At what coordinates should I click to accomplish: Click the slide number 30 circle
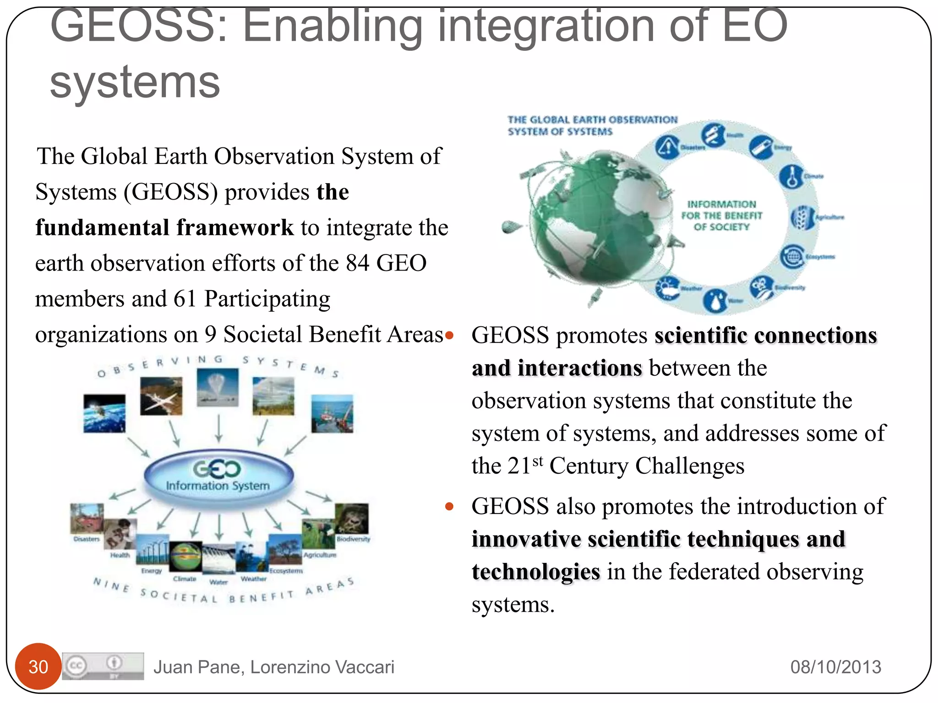point(38,666)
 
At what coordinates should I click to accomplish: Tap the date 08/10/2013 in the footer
point(835,667)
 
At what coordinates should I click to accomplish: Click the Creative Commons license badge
point(103,666)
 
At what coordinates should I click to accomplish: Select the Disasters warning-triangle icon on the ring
point(667,147)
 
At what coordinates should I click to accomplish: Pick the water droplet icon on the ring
point(716,300)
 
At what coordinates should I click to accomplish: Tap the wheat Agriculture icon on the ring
point(802,217)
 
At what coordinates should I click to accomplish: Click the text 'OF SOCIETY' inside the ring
point(721,227)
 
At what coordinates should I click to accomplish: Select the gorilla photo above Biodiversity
point(351,519)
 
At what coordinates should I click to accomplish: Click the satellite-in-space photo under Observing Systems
point(104,413)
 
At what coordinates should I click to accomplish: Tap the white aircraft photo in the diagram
point(161,396)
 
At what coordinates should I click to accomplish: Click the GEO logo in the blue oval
point(217,469)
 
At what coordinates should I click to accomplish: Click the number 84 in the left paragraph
point(357,263)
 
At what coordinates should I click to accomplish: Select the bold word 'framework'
point(235,227)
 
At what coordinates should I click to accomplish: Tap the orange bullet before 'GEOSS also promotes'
point(449,506)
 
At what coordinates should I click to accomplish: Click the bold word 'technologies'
point(536,572)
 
